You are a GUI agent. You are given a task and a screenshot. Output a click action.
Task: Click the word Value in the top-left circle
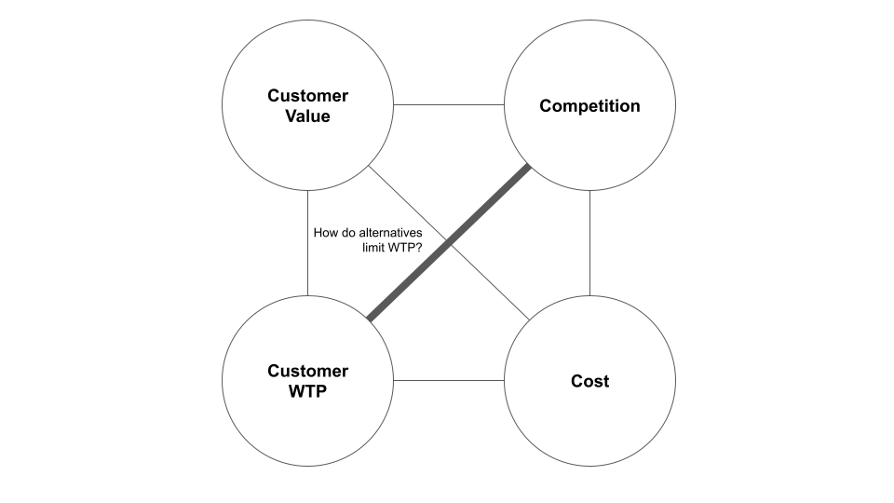coord(307,116)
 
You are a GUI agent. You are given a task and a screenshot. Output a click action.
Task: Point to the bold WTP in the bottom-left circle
coord(307,391)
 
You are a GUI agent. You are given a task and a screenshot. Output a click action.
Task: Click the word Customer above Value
coord(307,96)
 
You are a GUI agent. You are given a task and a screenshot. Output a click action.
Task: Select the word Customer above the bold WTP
coord(307,371)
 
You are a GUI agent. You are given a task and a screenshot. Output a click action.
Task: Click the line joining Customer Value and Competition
coord(449,104)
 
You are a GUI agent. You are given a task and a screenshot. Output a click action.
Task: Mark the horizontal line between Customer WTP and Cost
coord(449,380)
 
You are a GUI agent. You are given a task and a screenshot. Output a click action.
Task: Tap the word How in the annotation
coord(326,233)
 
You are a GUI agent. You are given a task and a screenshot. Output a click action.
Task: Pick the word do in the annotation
coord(349,233)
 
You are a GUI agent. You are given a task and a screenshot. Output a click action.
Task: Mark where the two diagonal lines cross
coord(449,243)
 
